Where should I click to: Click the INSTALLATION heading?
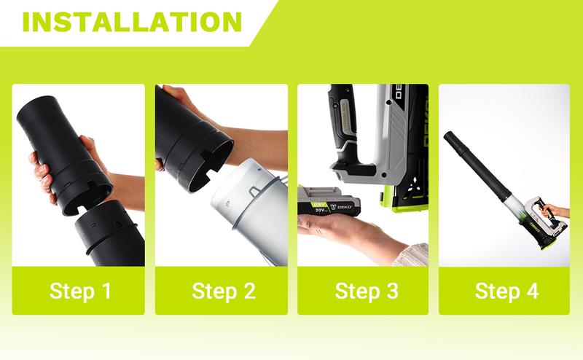coord(133,22)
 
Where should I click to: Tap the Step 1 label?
coord(80,291)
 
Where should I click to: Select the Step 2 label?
coord(224,291)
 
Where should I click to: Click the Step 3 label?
coord(367,291)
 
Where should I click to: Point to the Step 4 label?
coord(506,291)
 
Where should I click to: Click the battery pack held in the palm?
coord(329,201)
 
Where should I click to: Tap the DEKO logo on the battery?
coord(345,207)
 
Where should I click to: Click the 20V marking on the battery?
coord(320,211)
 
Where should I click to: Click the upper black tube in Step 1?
coord(63,152)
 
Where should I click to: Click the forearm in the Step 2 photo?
coord(257,146)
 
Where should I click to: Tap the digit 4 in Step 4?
coord(533,291)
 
